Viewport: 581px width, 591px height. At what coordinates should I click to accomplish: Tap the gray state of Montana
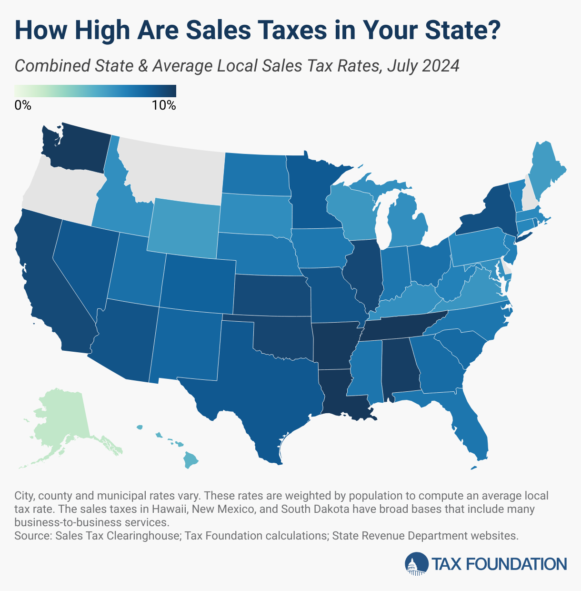(171, 167)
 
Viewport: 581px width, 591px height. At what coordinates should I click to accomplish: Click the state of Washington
(76, 148)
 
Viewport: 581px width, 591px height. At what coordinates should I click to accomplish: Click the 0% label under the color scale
(23, 106)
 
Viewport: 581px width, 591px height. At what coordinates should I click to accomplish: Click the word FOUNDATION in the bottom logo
(515, 564)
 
